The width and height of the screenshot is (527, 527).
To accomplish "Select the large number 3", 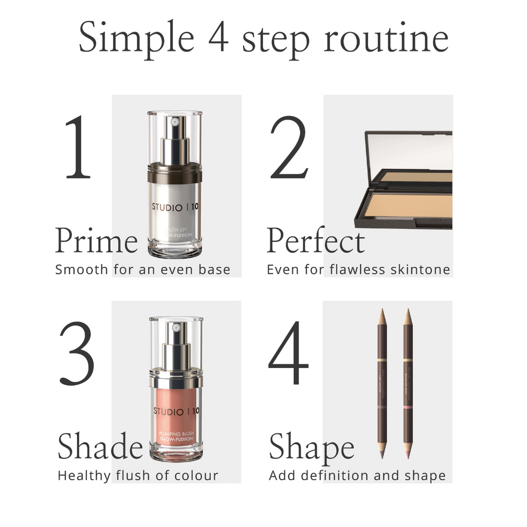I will click(77, 354).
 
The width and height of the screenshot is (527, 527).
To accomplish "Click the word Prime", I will click(96, 241).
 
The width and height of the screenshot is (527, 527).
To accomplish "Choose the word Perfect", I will click(315, 241).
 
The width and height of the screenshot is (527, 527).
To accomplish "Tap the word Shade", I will click(100, 446).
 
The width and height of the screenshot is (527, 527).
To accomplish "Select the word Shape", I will click(311, 446).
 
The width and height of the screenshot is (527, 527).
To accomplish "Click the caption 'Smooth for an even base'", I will click(143, 270).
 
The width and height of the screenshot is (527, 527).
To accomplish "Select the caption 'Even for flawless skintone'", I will click(358, 270).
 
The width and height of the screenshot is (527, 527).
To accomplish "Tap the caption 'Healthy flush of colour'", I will click(138, 476).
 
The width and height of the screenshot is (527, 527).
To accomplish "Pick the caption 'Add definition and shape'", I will click(357, 476).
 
